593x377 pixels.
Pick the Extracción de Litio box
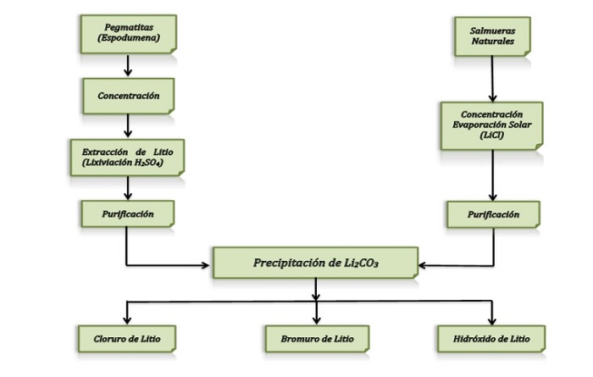pos(127,157)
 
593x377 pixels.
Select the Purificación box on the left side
pos(127,214)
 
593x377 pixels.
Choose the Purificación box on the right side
pos(492,214)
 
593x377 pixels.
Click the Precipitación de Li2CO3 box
pos(316,263)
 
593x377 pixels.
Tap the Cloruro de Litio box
pos(127,339)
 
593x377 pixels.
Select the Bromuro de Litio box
pos(316,339)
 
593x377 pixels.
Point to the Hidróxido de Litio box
pos(485,339)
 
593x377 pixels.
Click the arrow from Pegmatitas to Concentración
pos(127,66)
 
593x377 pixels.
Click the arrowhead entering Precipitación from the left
pos(206,264)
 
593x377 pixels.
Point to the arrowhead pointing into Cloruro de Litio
pos(127,319)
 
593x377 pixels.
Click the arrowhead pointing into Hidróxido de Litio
pos(485,319)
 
